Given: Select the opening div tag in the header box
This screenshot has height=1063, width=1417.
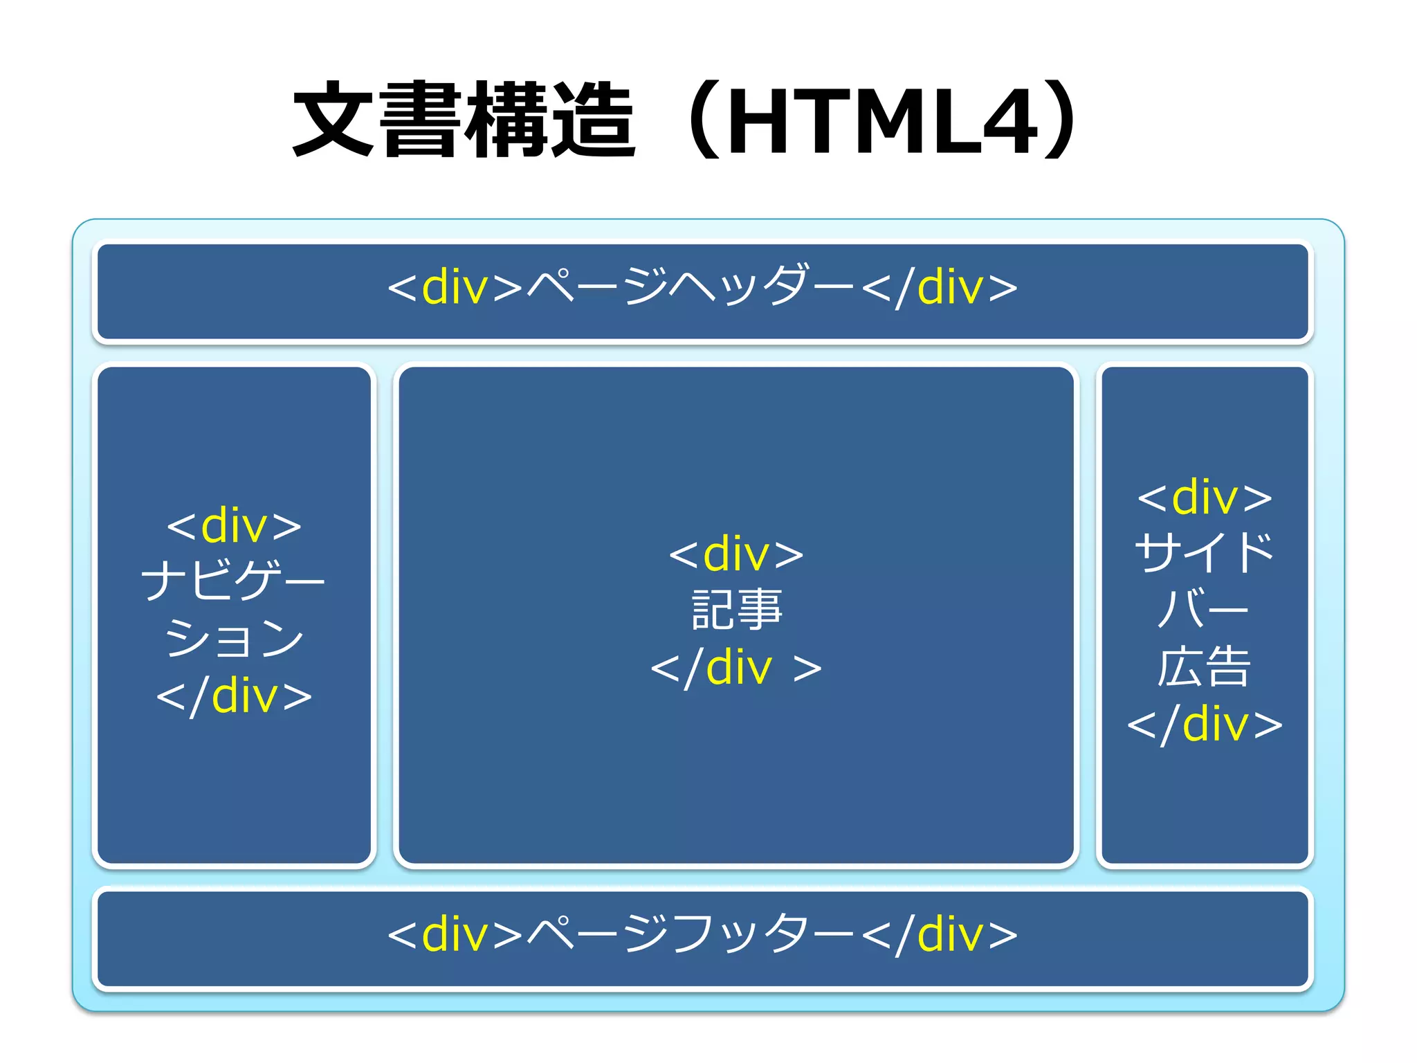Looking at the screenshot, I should pos(455,287).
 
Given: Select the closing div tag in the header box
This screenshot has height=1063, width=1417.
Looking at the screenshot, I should pos(940,287).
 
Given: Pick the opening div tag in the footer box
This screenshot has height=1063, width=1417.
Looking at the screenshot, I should pos(455,934).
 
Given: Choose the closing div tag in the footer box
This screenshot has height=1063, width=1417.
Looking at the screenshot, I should pos(940,934).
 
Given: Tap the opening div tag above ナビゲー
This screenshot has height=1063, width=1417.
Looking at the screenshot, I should pos(234,525).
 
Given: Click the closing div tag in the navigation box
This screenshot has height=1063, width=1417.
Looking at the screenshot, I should pos(234,696).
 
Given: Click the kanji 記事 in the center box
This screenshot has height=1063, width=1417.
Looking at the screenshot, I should pos(737,610).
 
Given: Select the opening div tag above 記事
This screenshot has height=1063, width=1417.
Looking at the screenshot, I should pos(736,554).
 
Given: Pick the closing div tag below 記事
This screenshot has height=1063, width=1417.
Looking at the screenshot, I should pos(736,667).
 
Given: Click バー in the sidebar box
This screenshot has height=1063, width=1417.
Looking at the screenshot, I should pos(1203,609).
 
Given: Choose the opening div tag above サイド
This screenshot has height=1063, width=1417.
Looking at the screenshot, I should pos(1205,497).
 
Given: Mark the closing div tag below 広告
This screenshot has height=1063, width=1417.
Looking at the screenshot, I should pos(1205,724).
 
